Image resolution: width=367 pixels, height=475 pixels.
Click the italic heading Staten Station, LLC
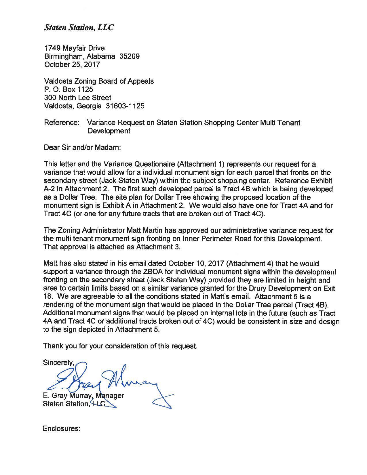click(x=79, y=28)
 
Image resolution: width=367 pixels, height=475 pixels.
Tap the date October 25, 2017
click(x=72, y=64)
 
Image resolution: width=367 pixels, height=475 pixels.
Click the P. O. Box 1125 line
click(x=68, y=89)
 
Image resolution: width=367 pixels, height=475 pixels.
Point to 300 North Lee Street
click(x=77, y=98)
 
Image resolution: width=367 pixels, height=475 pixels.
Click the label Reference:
click(x=61, y=123)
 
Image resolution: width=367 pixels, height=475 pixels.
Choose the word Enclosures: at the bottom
click(x=61, y=429)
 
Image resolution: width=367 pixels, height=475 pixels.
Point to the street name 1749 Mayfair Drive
click(x=74, y=48)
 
